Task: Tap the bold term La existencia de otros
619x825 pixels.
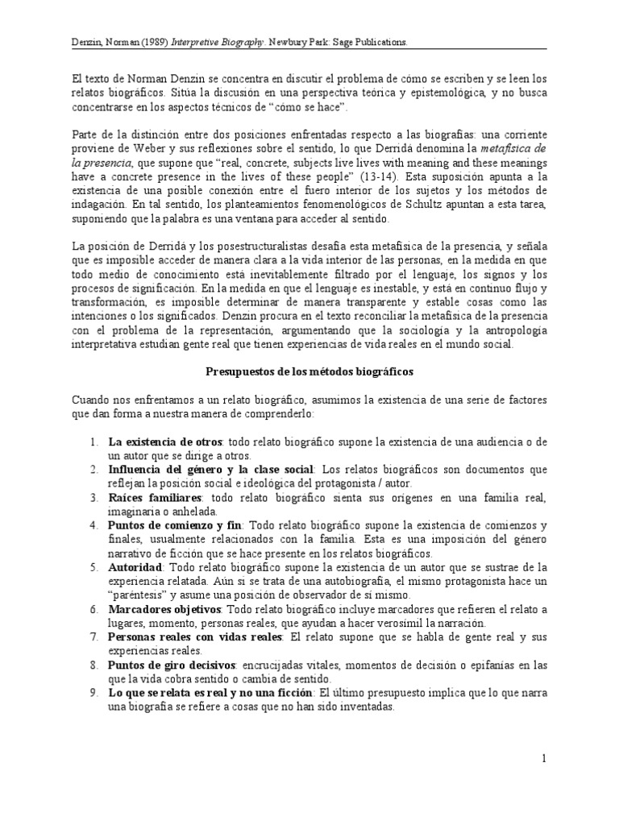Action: (x=167, y=442)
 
